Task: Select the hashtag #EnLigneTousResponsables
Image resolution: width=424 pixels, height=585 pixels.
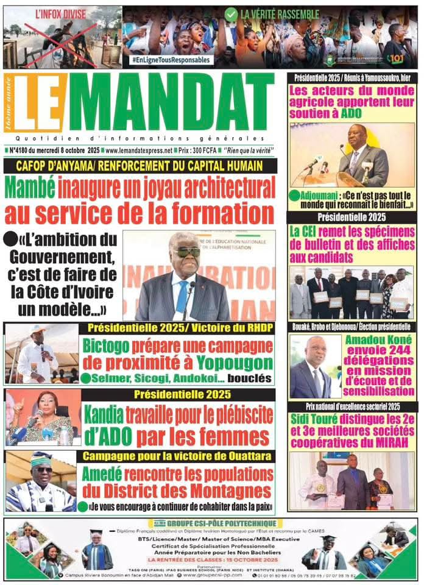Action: pyautogui.click(x=172, y=60)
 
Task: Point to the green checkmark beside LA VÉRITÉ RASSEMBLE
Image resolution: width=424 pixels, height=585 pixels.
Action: pyautogui.click(x=231, y=13)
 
